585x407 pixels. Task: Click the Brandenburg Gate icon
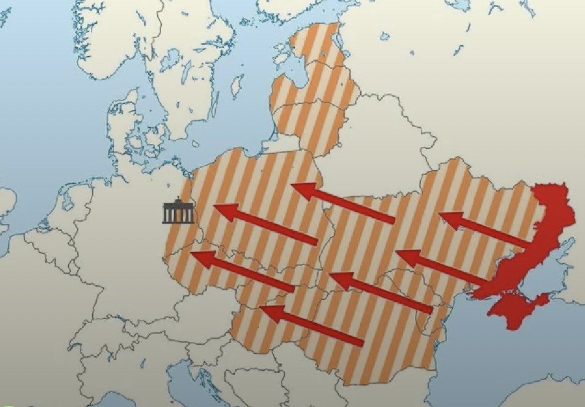click(x=178, y=212)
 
